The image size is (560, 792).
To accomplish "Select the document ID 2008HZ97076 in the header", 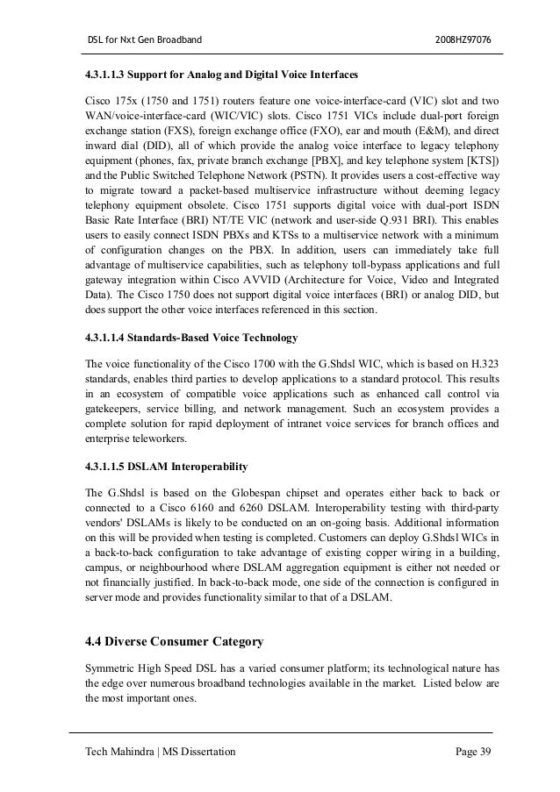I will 464,40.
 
